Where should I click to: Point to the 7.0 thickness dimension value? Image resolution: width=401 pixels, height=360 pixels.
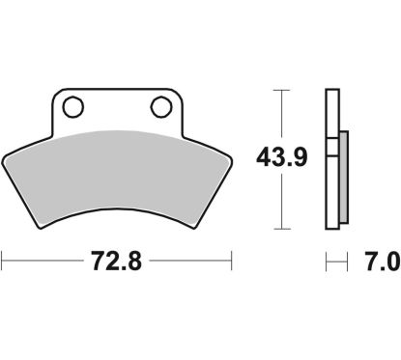click(380, 261)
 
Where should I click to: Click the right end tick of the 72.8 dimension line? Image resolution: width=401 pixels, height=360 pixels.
click(232, 261)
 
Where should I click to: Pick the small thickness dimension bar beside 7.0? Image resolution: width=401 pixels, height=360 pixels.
click(335, 261)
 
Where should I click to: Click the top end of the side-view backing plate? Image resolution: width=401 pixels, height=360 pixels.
click(332, 92)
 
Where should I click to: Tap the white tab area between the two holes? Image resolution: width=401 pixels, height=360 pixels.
click(117, 108)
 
